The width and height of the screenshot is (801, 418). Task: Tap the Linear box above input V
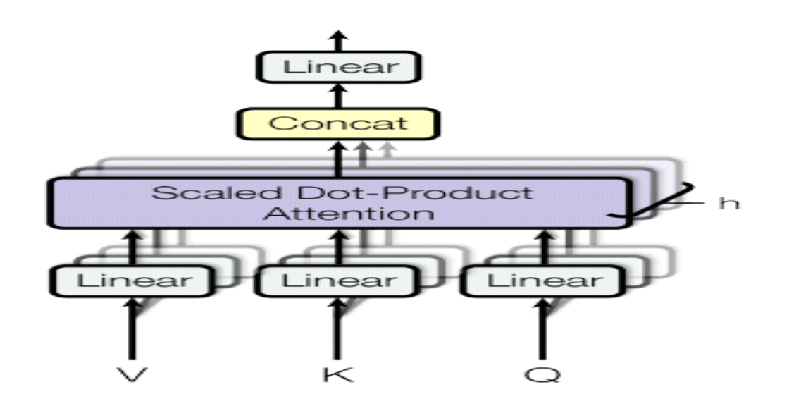133,281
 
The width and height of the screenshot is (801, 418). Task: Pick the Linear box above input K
338,281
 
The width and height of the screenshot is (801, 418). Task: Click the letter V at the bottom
133,373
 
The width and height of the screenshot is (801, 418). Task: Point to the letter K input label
337,373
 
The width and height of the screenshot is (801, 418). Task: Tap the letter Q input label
543,373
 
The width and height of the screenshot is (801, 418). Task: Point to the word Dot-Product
395,192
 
